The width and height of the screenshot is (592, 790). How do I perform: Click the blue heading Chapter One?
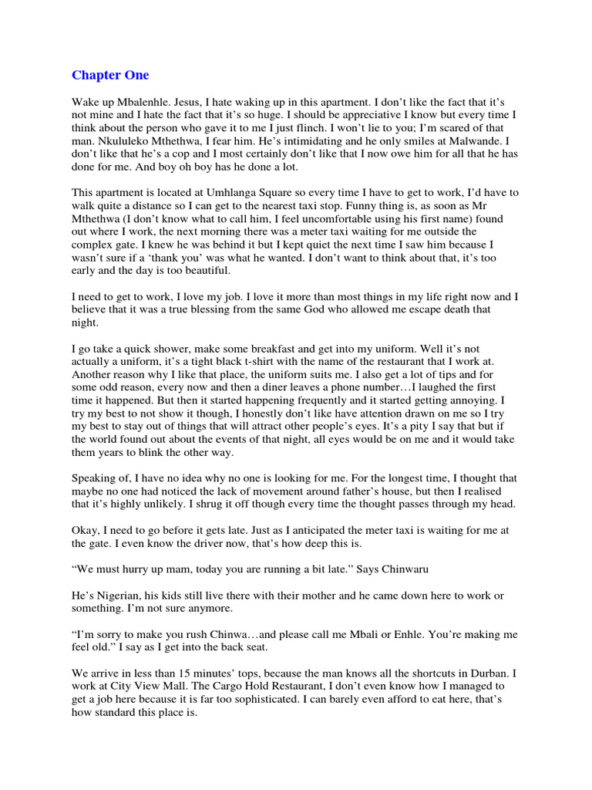click(x=110, y=75)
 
